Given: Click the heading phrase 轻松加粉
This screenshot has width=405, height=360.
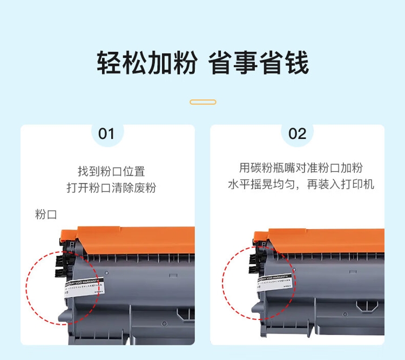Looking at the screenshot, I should click(146, 64).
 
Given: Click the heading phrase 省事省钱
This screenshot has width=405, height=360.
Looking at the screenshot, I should click(259, 64).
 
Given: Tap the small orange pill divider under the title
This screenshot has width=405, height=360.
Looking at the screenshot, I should click(203, 102).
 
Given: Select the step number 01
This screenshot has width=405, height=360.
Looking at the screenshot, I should click(107, 134).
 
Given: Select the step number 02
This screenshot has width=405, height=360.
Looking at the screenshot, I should click(297, 134).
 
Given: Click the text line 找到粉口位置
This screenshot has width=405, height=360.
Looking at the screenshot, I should click(111, 171).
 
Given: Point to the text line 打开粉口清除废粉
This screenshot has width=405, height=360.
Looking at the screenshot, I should click(111, 188).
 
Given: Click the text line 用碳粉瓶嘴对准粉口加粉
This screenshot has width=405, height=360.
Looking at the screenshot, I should click(301, 168).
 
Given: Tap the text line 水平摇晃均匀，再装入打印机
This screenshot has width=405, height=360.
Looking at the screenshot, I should click(301, 184).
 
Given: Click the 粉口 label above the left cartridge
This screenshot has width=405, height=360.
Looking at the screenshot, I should click(46, 215).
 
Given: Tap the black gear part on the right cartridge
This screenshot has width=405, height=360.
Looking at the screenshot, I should click(254, 260).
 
